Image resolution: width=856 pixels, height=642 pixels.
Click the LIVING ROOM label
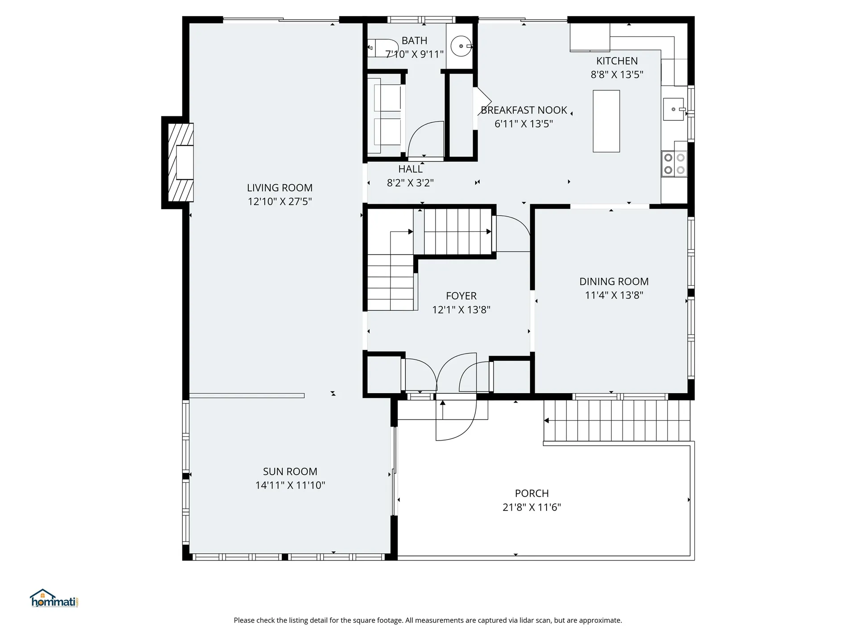click(x=280, y=188)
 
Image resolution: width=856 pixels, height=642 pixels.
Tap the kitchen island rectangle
click(x=606, y=121)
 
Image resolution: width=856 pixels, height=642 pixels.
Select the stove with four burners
click(x=674, y=164)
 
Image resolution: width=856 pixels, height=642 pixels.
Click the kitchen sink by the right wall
click(x=673, y=109)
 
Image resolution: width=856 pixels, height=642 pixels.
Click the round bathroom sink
click(x=461, y=46)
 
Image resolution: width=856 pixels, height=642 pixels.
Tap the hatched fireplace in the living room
click(x=181, y=162)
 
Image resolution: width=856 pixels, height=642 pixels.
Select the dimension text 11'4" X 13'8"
click(x=614, y=295)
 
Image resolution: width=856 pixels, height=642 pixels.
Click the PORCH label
click(x=531, y=494)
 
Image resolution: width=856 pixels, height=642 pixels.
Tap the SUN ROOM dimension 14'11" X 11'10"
click(x=290, y=485)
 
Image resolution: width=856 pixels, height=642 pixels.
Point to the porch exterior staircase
click(x=616, y=420)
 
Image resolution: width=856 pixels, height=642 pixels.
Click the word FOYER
click(x=461, y=296)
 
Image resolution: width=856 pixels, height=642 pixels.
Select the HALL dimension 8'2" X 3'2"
click(x=410, y=183)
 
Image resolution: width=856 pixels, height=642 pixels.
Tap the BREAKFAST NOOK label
click(x=523, y=110)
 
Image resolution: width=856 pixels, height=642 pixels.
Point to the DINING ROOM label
click(x=614, y=281)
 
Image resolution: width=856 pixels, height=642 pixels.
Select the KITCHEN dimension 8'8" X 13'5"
click(x=617, y=74)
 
